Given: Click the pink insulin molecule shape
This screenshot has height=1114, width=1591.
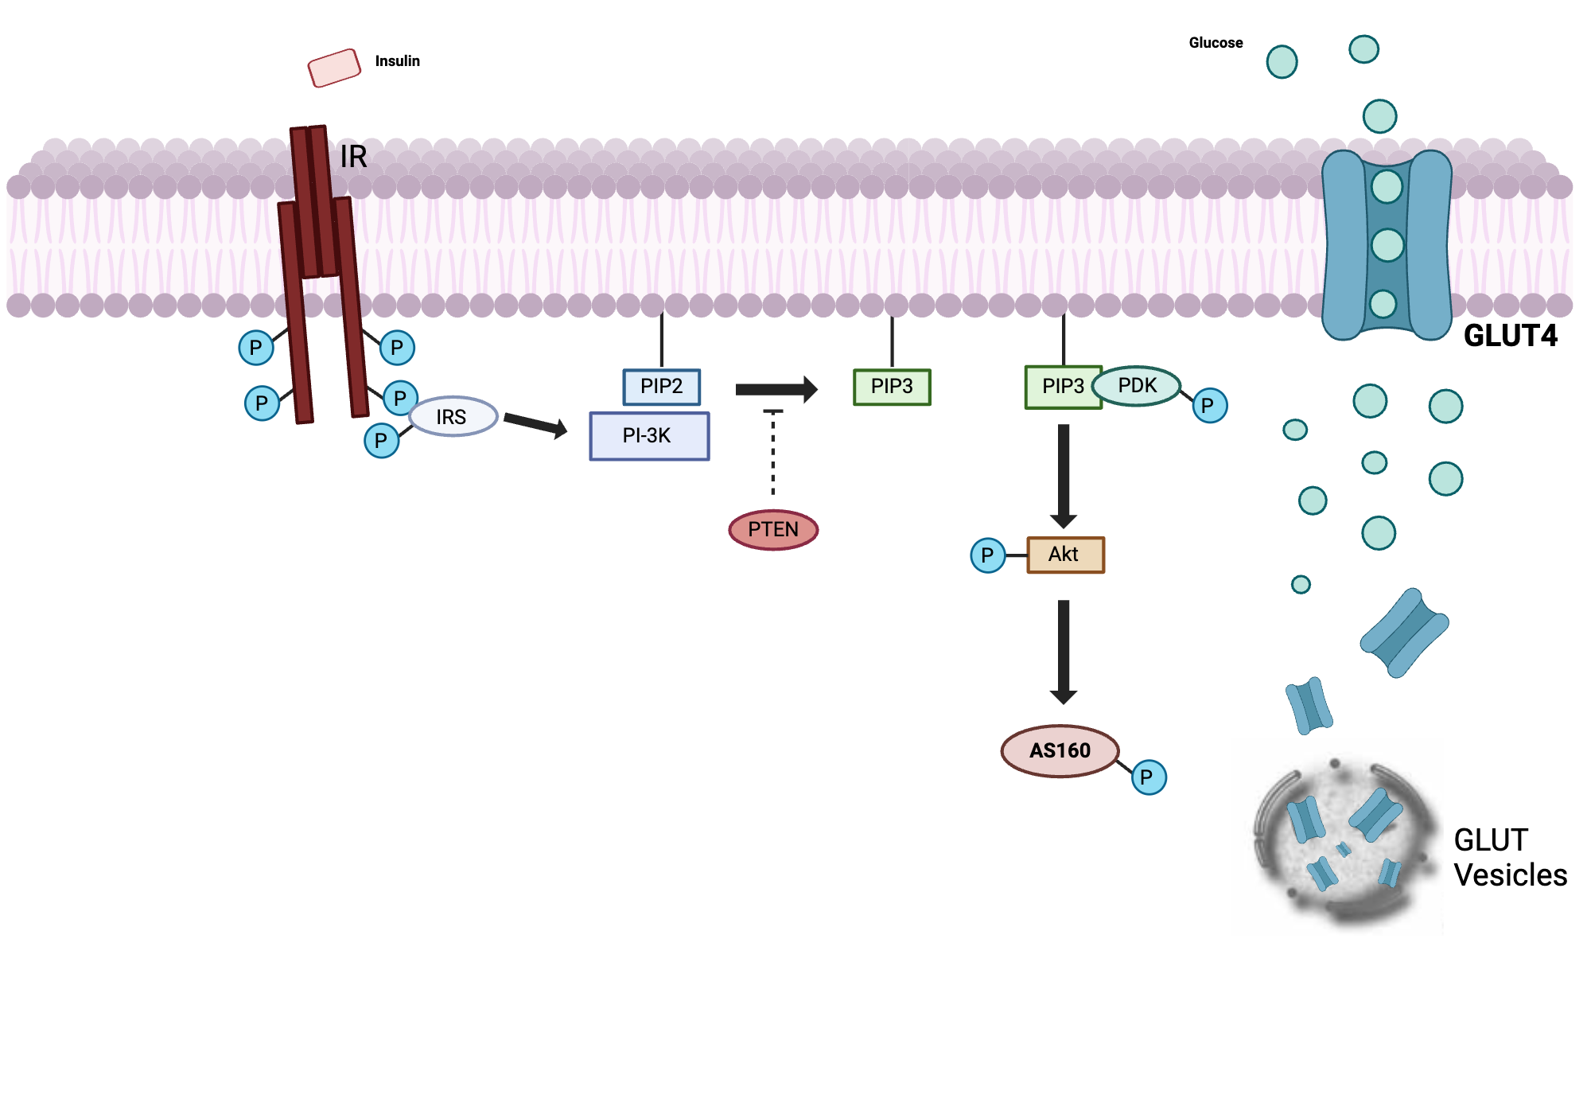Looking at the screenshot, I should pos(334,68).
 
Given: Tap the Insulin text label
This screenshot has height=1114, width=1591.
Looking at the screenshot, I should pos(397,61).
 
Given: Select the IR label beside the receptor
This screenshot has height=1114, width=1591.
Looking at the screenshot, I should pos(353,157).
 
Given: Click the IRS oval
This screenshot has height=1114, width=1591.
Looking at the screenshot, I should pos(453,417).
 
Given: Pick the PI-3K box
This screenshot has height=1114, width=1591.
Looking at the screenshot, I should pos(649,436).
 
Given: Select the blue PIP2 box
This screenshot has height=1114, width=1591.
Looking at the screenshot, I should pos(661,387).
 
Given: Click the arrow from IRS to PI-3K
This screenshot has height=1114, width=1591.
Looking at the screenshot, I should pos(535,425).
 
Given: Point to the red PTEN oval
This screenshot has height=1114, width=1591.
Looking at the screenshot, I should pos(773,530).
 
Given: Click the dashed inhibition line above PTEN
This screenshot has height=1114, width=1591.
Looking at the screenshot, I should pos(773,454).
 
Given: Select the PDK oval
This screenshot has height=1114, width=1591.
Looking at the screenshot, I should pos(1137,386).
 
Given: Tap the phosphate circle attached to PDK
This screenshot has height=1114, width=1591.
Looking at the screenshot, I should pos(1209,406).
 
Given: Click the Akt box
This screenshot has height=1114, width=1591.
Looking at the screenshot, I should pos(1065,555).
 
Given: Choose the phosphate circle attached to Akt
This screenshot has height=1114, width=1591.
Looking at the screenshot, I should pos(987,555).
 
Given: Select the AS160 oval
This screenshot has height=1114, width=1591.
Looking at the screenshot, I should pos(1060,750).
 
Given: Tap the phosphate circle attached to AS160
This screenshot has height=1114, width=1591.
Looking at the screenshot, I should pos(1148,777).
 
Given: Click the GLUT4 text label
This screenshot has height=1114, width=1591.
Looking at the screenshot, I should pos(1510,336).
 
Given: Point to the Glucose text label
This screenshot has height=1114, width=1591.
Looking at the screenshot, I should pos(1216,43).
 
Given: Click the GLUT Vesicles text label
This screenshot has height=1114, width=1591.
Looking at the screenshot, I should pos(1509,858).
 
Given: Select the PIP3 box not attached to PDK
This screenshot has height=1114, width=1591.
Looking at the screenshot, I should pos(892,387).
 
